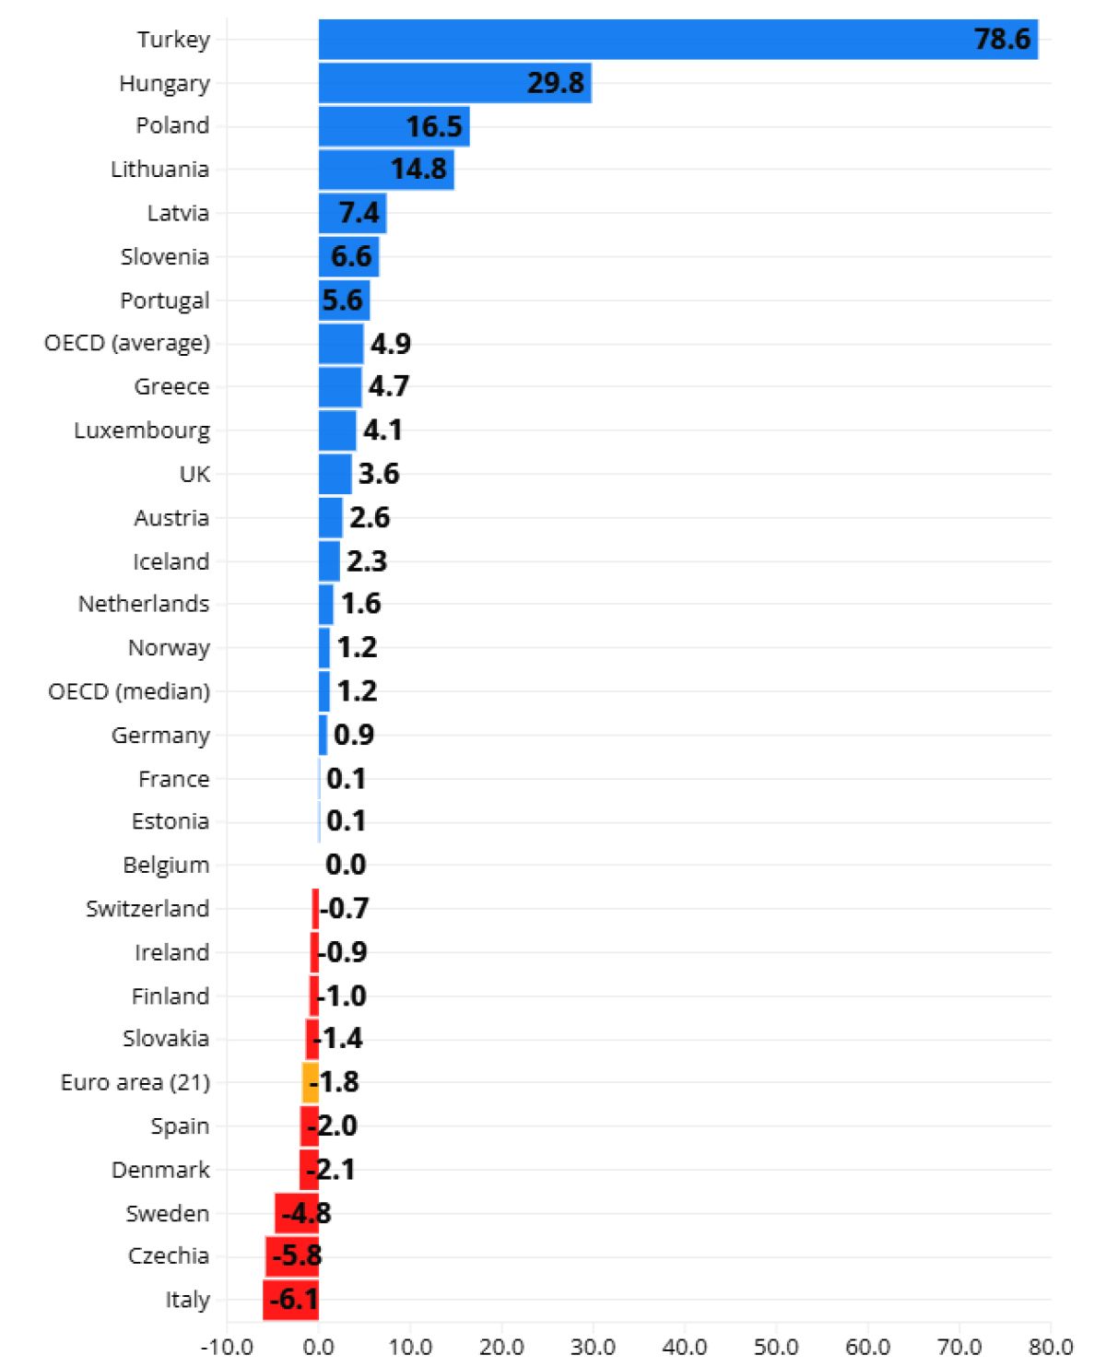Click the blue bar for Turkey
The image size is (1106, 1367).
tap(678, 40)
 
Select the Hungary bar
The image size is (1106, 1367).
tap(455, 83)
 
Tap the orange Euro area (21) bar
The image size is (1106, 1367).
tap(311, 1083)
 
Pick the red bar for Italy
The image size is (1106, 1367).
tap(290, 1300)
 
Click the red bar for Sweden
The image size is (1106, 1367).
tap(297, 1213)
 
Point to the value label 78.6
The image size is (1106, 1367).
tap(1002, 39)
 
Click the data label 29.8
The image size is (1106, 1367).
tap(556, 83)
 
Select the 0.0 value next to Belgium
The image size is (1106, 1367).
tap(346, 865)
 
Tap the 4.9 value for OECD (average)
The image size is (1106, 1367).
tap(391, 344)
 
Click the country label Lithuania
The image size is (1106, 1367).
tap(159, 170)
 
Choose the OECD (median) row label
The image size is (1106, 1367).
tap(129, 692)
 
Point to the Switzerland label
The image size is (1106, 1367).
tap(147, 909)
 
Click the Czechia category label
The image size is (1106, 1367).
tap(169, 1256)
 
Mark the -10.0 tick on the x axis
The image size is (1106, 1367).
tap(227, 1347)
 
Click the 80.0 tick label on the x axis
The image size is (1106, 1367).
tap(1051, 1347)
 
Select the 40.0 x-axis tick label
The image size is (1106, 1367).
tap(685, 1347)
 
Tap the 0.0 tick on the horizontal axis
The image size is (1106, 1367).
tap(319, 1347)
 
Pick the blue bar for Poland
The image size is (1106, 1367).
tap(394, 126)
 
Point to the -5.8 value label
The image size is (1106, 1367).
tap(297, 1256)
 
